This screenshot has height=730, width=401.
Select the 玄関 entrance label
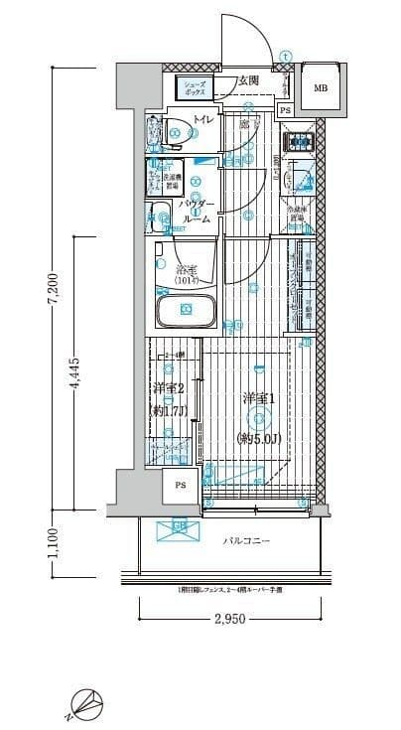click(248, 80)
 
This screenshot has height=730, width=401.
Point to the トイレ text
click(202, 121)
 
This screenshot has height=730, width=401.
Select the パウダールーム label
click(197, 213)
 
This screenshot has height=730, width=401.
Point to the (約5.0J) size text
click(257, 438)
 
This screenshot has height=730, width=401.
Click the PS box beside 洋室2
click(180, 485)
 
